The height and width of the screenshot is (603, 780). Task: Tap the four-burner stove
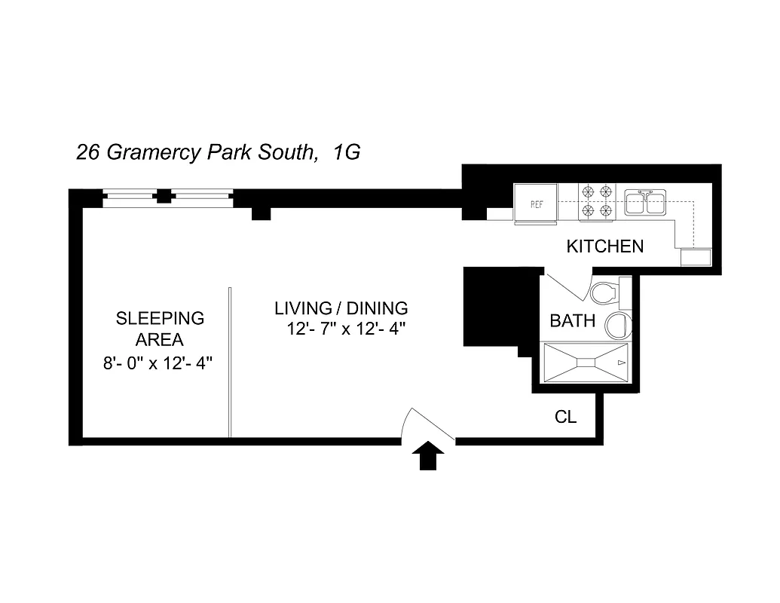[597, 202]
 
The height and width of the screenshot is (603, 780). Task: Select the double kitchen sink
[645, 201]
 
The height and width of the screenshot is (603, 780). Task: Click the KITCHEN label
[604, 246]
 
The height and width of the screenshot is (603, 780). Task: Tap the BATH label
[572, 321]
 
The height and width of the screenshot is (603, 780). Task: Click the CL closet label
[565, 417]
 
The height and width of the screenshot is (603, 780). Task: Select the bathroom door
[567, 289]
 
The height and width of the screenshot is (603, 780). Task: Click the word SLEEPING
[160, 318]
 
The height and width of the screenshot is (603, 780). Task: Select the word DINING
[377, 308]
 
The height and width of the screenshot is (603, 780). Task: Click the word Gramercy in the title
[153, 153]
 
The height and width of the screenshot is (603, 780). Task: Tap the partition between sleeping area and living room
[229, 362]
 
